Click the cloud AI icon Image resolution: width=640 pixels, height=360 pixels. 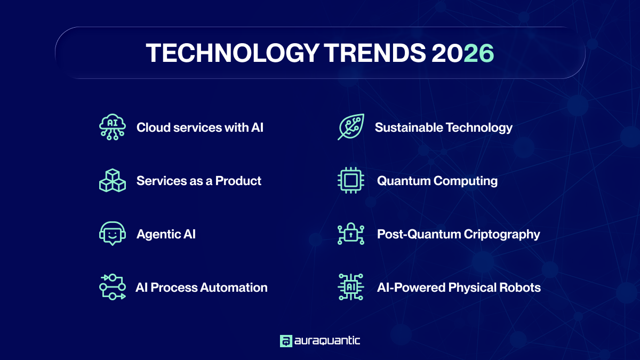pyautogui.click(x=113, y=127)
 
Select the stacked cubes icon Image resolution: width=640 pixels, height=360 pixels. pyautogui.click(x=113, y=181)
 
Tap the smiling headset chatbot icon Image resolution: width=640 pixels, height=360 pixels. pyautogui.click(x=113, y=234)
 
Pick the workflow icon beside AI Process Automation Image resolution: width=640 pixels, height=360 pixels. pyautogui.click(x=113, y=287)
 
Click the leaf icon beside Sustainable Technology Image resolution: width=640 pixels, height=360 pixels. pyautogui.click(x=351, y=127)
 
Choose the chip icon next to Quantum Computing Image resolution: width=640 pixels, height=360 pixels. pyautogui.click(x=351, y=181)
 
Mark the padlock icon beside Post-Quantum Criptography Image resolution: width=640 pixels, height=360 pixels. pyautogui.click(x=351, y=234)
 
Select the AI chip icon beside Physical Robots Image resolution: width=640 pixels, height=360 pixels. pyautogui.click(x=351, y=287)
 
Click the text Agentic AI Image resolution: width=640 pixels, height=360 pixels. pyautogui.click(x=166, y=234)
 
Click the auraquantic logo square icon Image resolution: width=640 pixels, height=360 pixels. pyautogui.click(x=286, y=341)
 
